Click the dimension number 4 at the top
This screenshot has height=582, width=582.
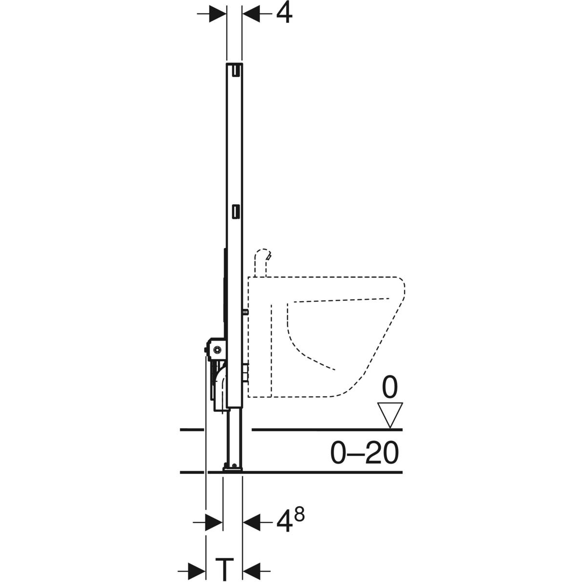(x=284, y=14)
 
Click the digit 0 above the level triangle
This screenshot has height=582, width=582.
(x=390, y=388)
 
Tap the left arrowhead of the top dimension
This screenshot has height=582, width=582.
(x=217, y=14)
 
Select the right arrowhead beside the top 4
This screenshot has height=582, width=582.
(x=251, y=14)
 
